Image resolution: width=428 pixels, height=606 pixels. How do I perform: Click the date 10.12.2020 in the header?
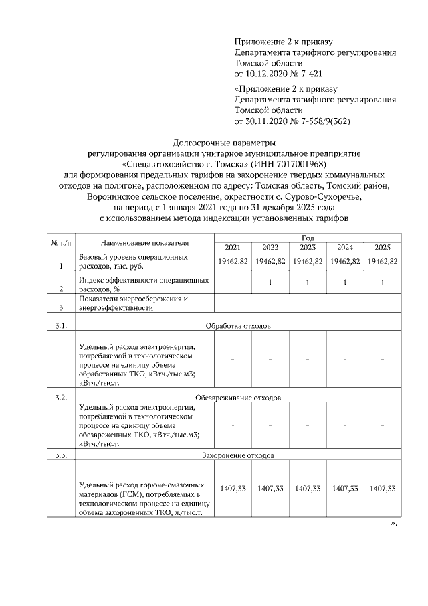tap(268, 72)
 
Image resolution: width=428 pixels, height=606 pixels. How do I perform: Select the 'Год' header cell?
tap(308, 237)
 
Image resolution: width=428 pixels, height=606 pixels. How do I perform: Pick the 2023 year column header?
tap(308, 247)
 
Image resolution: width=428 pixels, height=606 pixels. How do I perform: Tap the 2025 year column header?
tap(383, 247)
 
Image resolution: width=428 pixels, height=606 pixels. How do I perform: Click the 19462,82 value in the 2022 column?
tap(270, 261)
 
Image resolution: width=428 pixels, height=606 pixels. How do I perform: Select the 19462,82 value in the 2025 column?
tap(383, 261)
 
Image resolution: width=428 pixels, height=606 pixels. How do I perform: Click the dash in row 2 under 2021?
tap(233, 283)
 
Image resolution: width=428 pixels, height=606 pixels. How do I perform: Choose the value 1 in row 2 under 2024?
tap(345, 283)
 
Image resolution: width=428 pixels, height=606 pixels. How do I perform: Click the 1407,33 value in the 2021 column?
tap(233, 489)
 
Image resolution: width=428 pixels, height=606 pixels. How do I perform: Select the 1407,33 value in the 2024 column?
tap(345, 489)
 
